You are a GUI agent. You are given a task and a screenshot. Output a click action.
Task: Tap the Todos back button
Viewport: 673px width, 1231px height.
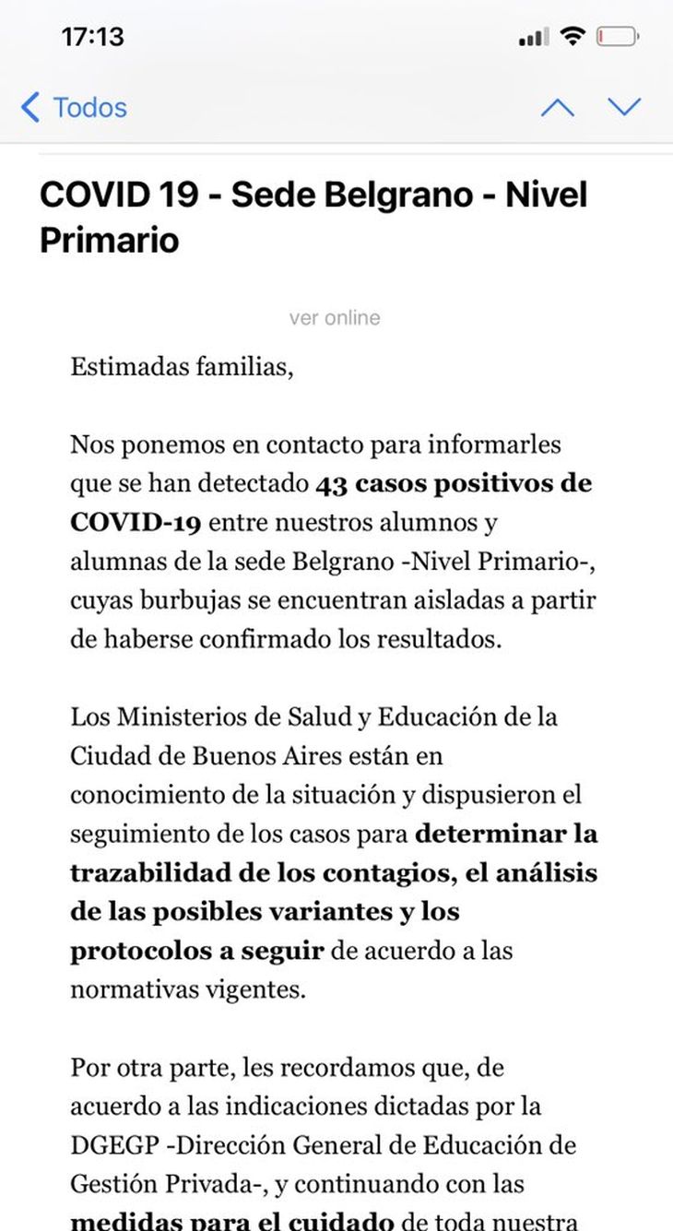point(74,108)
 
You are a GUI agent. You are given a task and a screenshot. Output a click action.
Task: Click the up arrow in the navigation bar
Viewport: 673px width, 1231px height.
point(557,108)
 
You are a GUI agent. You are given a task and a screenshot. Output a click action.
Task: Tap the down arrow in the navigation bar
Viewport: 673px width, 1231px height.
point(624,108)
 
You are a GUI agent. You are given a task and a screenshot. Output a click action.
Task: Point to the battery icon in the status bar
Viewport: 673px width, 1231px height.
point(617,37)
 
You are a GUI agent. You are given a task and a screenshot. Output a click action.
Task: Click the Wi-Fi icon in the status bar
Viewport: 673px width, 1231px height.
point(573,37)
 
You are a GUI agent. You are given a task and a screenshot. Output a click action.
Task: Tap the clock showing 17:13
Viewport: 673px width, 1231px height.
point(92,37)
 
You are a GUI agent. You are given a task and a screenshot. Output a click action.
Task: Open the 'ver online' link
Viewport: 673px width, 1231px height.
point(335,318)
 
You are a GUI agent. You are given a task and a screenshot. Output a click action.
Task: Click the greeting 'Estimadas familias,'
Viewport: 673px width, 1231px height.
point(182,367)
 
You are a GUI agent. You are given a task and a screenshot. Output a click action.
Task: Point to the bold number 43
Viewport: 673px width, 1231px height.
point(331,484)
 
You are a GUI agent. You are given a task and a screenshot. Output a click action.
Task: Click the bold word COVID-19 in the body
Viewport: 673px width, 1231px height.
point(135,523)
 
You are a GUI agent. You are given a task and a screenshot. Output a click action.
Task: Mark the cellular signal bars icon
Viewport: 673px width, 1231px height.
point(533,37)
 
